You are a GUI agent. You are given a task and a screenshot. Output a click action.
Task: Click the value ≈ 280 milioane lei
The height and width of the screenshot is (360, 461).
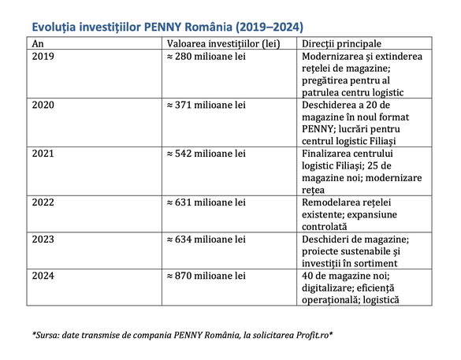pyautogui.click(x=208, y=58)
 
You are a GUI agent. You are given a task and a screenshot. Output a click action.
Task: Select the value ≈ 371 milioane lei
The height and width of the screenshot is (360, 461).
pyautogui.click(x=208, y=104)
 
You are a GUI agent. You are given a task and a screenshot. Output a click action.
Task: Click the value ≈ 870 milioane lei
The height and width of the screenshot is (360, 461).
pyautogui.click(x=208, y=276)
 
